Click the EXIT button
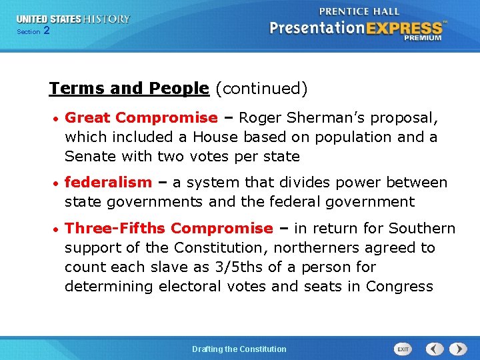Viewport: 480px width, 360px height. (403, 349)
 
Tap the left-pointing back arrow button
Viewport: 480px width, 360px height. (435, 349)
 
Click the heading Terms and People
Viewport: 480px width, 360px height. (129, 88)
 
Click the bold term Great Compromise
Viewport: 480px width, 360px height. (141, 118)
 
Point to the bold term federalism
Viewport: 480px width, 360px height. (108, 183)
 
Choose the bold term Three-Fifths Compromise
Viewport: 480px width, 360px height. (169, 229)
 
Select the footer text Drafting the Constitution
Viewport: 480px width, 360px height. (239, 349)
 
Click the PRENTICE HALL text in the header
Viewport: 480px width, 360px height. (360, 11)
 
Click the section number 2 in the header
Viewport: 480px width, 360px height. (46, 31)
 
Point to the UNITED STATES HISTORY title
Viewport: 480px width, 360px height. (73, 19)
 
